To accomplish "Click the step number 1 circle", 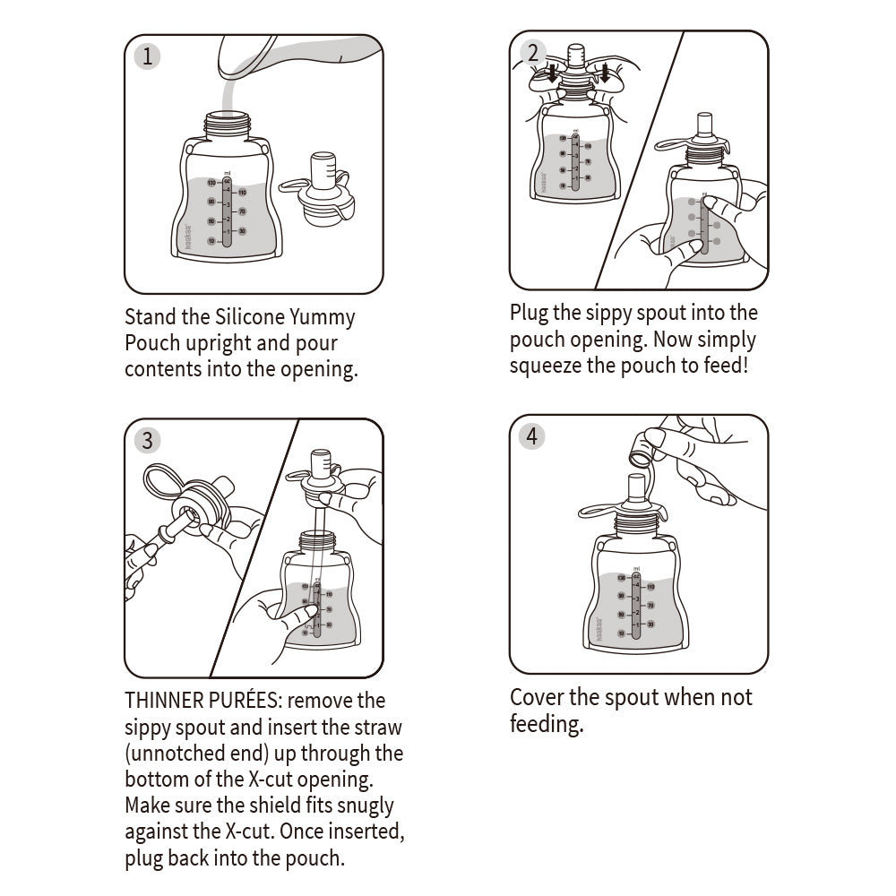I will [x=147, y=56].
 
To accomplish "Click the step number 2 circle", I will [x=532, y=52].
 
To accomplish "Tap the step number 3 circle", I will [x=147, y=440].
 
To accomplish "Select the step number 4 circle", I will [x=532, y=436].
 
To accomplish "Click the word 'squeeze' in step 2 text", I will [x=547, y=366].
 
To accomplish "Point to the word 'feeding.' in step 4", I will [x=546, y=724].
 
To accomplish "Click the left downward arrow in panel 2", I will [x=553, y=73].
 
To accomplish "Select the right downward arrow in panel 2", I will [x=606, y=73].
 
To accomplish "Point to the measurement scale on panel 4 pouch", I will [x=636, y=606].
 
